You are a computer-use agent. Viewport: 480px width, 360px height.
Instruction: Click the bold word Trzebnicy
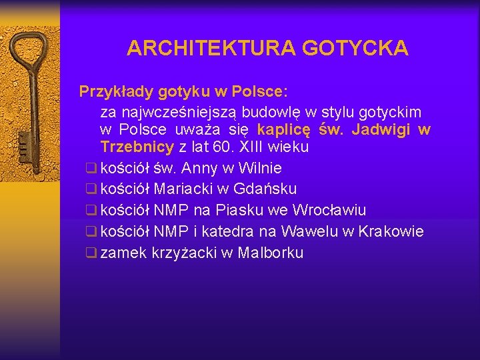click(x=137, y=147)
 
